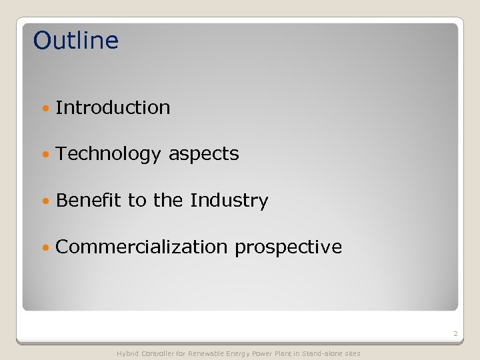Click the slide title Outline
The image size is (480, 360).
(x=75, y=41)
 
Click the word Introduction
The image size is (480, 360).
(x=113, y=107)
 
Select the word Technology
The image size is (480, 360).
(x=109, y=154)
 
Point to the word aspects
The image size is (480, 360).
(x=203, y=154)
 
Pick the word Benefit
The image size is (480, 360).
(x=89, y=201)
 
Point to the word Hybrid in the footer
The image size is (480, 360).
(x=128, y=353)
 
